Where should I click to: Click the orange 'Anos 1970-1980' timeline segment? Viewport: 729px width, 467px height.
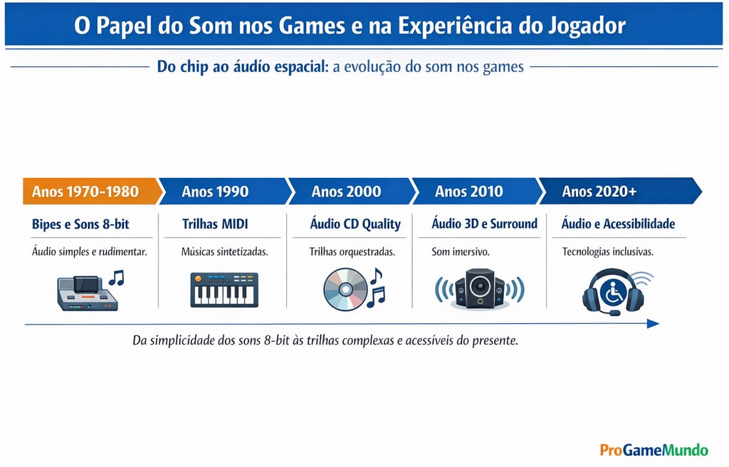click(85, 191)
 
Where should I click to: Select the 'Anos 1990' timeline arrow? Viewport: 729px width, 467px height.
click(215, 191)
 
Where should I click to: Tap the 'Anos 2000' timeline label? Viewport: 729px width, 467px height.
click(346, 191)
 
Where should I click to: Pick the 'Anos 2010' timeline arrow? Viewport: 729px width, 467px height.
click(469, 191)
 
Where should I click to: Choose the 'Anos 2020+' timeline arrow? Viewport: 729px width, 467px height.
click(599, 191)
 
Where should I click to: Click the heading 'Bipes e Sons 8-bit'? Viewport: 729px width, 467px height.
click(81, 224)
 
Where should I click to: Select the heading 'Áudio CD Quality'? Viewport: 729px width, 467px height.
click(355, 224)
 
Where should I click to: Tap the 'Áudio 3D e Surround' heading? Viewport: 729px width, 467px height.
click(484, 224)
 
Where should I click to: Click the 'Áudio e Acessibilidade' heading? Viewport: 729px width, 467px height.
click(618, 224)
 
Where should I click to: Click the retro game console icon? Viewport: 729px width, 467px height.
click(87, 293)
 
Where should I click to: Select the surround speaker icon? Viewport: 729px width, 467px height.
click(479, 288)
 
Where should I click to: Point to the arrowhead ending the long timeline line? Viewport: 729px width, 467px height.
click(653, 324)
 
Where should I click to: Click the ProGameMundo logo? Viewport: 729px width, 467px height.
click(654, 450)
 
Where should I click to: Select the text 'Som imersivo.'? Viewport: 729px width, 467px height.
click(460, 252)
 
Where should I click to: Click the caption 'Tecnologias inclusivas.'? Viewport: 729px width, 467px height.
click(607, 252)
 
